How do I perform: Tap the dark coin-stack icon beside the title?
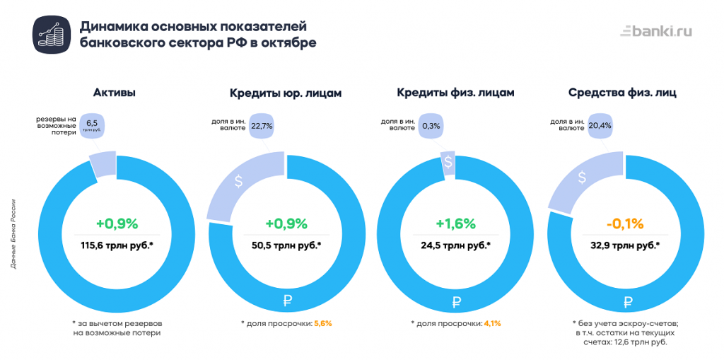[x=50, y=34]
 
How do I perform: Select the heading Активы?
[x=115, y=93]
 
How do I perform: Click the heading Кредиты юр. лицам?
[x=286, y=93]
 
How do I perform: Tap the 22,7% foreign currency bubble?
[x=262, y=125]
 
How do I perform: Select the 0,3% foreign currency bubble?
[x=431, y=125]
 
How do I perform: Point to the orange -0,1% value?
[x=625, y=224]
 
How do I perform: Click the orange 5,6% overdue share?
[x=322, y=323]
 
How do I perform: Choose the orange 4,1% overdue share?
[x=492, y=323]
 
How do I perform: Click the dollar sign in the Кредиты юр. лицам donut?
[x=239, y=181]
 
